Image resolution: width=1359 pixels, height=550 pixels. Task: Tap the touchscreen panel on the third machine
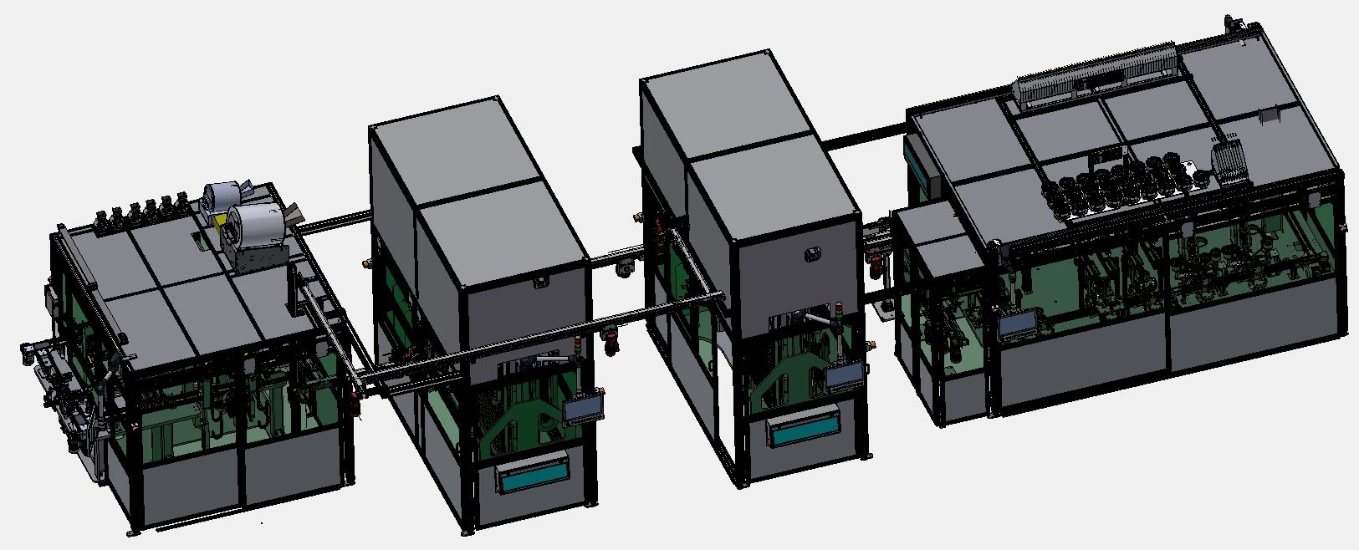pyautogui.click(x=845, y=378)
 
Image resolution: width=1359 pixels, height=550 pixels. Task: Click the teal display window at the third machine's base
pyautogui.click(x=804, y=431)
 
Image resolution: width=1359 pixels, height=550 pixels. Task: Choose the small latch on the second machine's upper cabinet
pyautogui.click(x=539, y=282)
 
